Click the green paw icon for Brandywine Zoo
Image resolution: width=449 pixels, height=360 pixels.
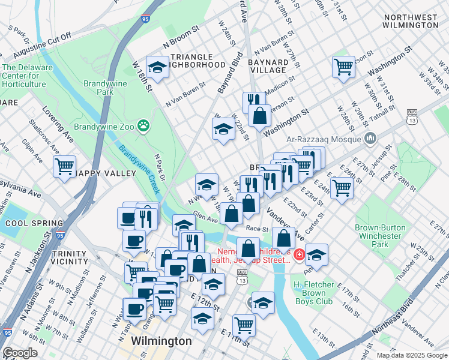(x=143, y=126)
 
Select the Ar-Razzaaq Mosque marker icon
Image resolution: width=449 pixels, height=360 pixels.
(x=370, y=139)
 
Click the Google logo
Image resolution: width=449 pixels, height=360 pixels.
(x=20, y=353)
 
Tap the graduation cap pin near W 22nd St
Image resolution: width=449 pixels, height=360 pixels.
(x=223, y=128)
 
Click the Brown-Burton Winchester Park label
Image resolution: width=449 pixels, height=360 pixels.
(x=381, y=236)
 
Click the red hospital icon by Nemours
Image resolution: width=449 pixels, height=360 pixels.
(x=298, y=254)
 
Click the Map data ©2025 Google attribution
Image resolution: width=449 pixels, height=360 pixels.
(x=411, y=355)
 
